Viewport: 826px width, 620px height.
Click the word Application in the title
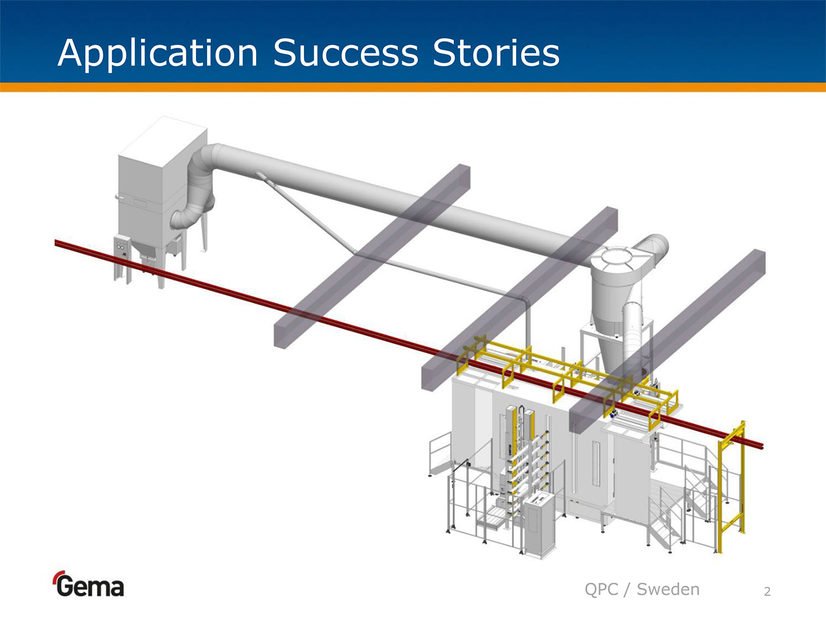point(158,53)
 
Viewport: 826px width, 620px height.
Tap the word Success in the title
point(346,53)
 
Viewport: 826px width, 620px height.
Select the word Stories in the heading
point(496,53)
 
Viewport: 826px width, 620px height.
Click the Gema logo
point(88,585)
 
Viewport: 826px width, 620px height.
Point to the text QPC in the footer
point(601,589)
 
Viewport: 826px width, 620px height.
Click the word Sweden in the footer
point(668,589)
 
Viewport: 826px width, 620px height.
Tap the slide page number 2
point(767,592)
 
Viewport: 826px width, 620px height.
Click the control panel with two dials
point(122,246)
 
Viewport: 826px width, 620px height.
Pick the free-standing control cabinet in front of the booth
point(540,526)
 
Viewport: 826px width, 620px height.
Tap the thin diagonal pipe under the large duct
point(307,216)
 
